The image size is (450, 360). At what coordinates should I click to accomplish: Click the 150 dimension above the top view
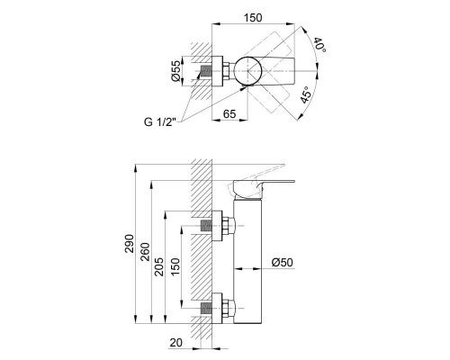coord(253,18)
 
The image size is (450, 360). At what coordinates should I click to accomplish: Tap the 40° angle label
coord(319,45)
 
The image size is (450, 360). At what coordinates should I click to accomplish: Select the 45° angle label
coord(306,94)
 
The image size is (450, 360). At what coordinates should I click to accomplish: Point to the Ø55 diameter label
coord(176,71)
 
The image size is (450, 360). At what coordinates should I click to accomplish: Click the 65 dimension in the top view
coord(229,114)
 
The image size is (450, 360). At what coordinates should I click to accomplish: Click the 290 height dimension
coord(130,244)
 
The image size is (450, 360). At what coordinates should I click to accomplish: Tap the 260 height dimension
coord(145,251)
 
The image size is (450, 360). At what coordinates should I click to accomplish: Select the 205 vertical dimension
coord(159,266)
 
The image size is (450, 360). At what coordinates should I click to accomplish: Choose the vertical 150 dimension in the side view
coord(175,266)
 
